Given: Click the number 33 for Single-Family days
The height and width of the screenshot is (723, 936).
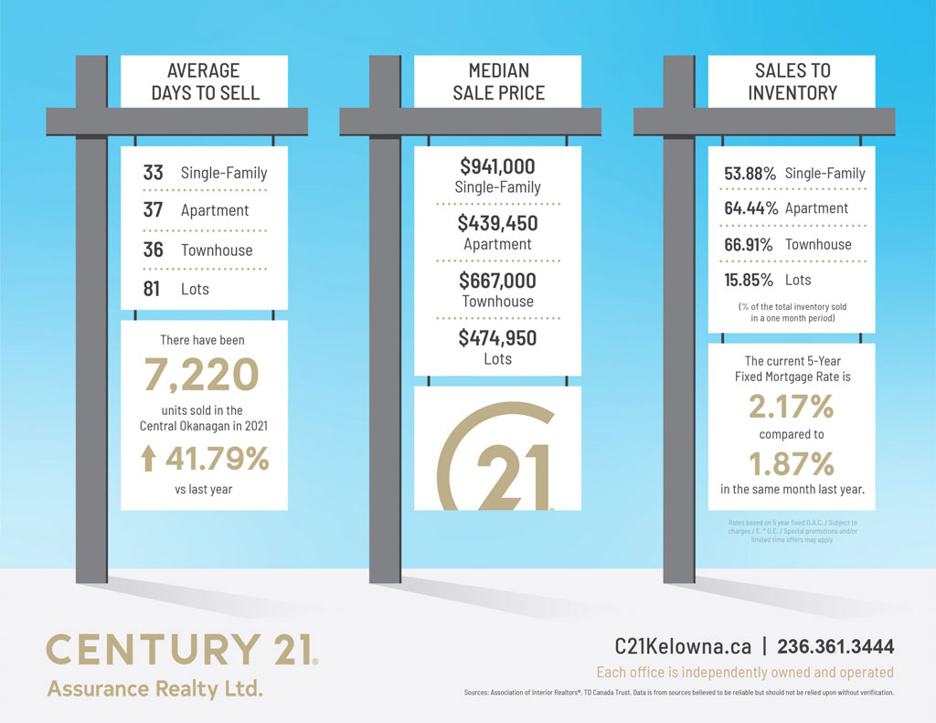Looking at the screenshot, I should pos(153,172).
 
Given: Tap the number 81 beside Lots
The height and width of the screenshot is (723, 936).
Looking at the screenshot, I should pos(152,289).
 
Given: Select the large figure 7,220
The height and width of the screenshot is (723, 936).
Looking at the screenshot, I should pos(201,375).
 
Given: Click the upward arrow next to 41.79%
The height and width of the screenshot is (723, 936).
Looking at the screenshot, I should pos(148,458).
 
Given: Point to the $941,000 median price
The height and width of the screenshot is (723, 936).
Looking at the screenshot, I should pos(497,166).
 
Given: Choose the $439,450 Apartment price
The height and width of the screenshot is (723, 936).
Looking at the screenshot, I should pos(497,223).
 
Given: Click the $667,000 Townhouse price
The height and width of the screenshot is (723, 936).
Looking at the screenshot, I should pos(497,281).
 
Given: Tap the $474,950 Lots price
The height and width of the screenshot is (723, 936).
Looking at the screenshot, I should pos(497,338).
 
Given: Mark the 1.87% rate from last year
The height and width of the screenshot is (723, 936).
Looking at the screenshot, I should pos(792,464).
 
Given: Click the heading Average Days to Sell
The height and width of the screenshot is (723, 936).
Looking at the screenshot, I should pos(205,81).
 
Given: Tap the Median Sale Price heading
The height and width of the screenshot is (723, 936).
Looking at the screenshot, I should pos(498,81).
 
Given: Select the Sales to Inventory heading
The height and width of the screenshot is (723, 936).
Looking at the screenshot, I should pos(792,81).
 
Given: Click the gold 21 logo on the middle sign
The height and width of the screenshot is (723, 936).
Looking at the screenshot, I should pos(498,462).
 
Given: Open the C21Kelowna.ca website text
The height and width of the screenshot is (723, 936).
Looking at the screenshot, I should pos(683,646).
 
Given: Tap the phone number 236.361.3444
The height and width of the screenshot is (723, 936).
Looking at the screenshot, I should pos(835,646).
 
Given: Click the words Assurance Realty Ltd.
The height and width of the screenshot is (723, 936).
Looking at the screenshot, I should pos(154,687).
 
